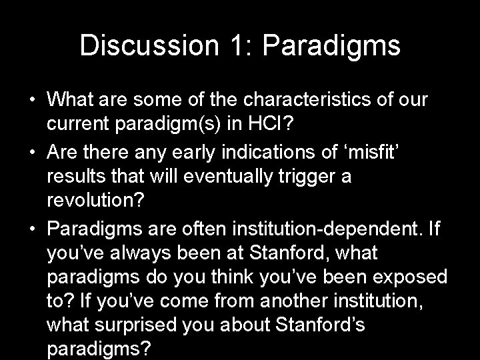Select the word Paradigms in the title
click(333, 45)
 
